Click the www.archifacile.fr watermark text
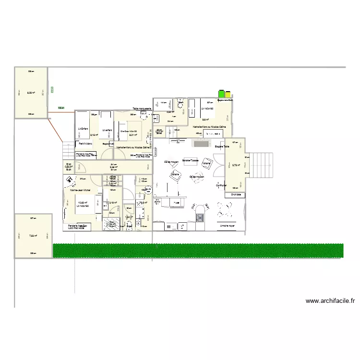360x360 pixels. click(330, 301)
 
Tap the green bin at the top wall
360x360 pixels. click(221, 94)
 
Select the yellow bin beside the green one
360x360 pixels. click(228, 95)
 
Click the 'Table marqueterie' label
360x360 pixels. click(142, 109)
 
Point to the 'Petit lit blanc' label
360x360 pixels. click(86, 143)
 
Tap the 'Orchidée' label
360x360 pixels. click(236, 194)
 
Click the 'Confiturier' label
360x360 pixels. click(221, 185)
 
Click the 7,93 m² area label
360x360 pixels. click(33, 236)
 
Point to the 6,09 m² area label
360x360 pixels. click(32, 93)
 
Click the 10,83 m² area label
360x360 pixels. click(82, 203)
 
